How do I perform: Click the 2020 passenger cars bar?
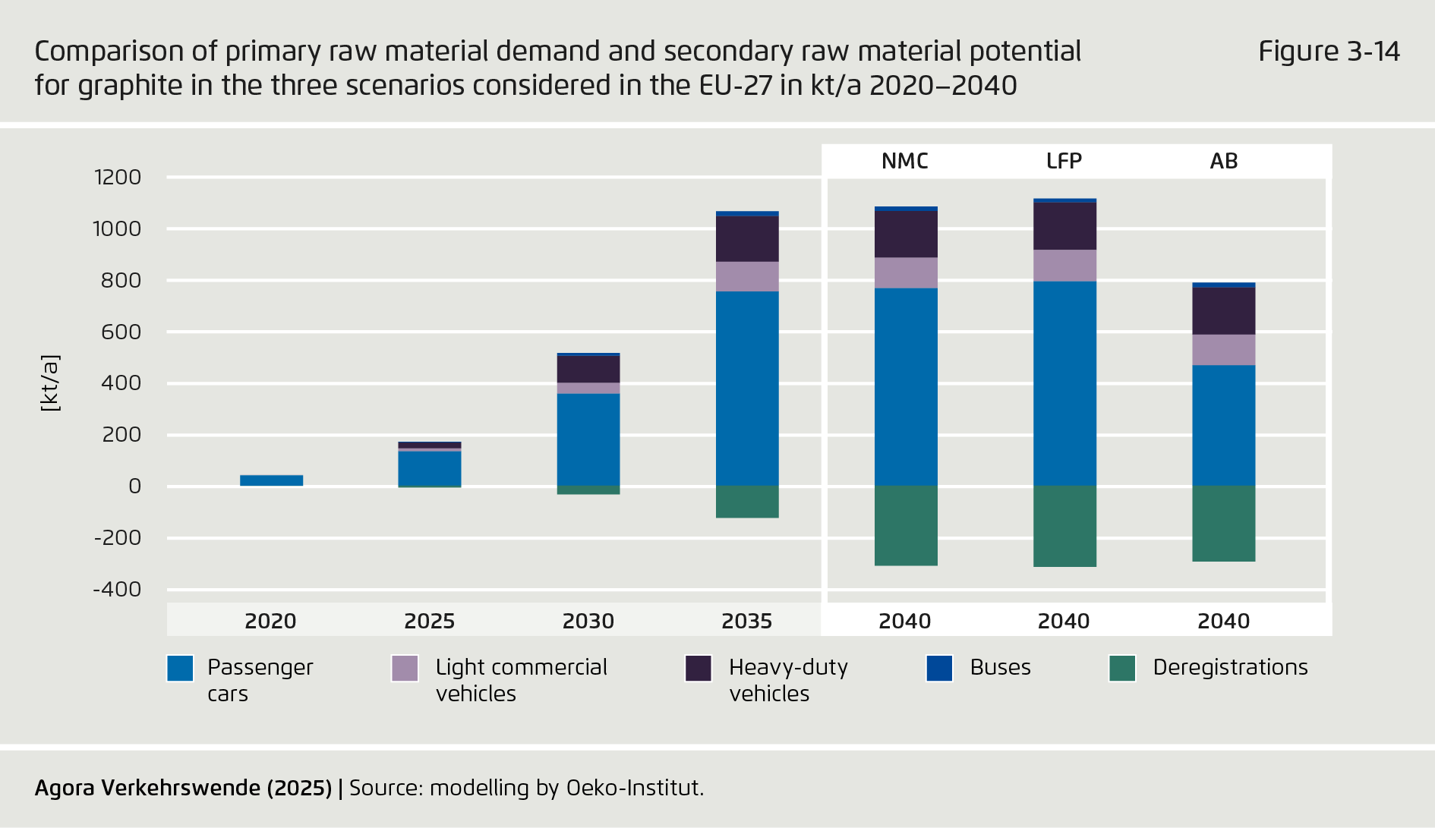271,480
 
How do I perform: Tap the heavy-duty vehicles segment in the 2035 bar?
747,239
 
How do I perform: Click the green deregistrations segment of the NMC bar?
906,525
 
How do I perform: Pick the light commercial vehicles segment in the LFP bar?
1064,266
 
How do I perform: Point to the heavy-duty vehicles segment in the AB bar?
1223,311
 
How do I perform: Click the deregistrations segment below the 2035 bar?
747,502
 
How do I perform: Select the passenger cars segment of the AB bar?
1223,425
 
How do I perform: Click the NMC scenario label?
905,161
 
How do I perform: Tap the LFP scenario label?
1064,161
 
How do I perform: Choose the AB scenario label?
1223,161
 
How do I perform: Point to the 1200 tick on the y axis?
118,178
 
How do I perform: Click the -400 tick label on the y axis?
118,590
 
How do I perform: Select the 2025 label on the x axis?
429,621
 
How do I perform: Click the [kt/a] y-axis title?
50,383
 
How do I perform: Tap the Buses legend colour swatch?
939,669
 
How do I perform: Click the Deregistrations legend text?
1230,667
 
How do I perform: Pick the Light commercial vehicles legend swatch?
405,669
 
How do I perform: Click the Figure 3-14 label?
1329,52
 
